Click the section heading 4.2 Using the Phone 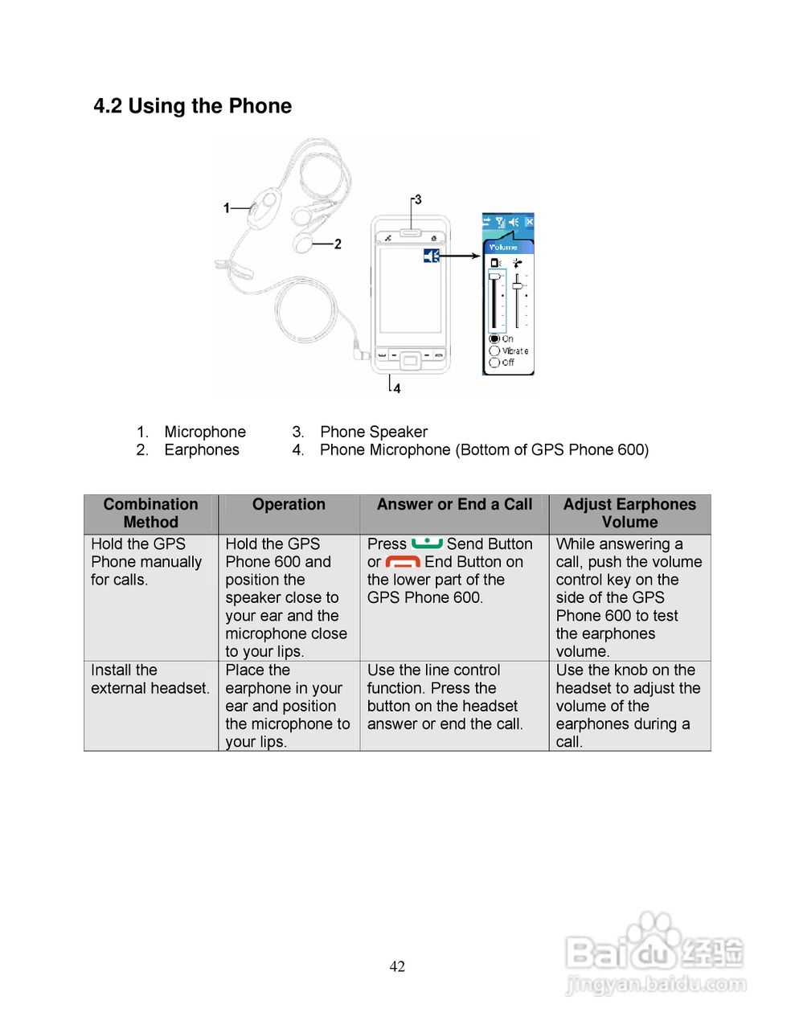pos(192,106)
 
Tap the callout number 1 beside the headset pos(227,208)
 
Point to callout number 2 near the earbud pos(338,244)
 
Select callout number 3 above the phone pos(417,199)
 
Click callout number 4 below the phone pos(396,388)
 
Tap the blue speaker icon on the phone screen pos(432,256)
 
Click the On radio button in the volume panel pos(494,339)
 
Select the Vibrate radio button pos(494,351)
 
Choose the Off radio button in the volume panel pos(494,363)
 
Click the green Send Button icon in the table pos(427,543)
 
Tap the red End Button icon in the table pos(403,562)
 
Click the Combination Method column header pos(150,513)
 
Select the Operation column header pos(289,505)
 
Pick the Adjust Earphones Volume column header pos(629,513)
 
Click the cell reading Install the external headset pos(150,679)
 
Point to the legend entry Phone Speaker pos(373,432)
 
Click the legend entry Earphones pos(202,449)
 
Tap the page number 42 pos(397,966)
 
